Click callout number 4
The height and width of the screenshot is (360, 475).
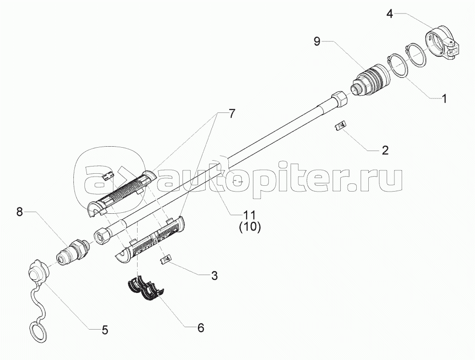390,14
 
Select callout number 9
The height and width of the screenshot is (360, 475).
317,41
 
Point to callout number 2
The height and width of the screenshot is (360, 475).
385,150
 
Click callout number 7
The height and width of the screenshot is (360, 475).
231,114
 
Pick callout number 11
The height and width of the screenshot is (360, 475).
250,215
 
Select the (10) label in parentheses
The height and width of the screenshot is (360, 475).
250,227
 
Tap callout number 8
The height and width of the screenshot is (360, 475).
19,212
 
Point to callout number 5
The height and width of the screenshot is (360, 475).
105,330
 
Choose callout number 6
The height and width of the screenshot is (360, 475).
201,327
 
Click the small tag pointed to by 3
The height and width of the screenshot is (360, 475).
166,259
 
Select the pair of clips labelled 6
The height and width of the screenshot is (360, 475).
145,288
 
